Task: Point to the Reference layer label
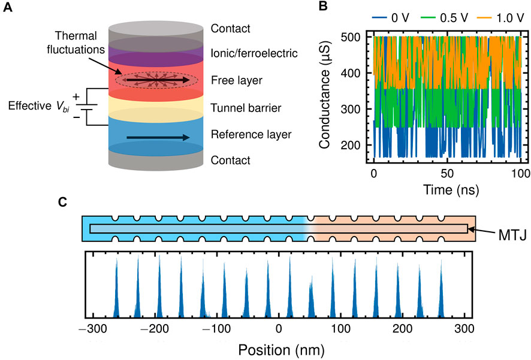click(x=251, y=134)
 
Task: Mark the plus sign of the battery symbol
click(x=76, y=95)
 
